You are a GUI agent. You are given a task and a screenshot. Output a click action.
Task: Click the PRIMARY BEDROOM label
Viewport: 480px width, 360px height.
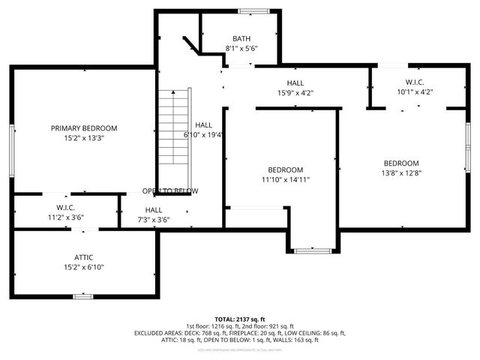[x=84, y=128]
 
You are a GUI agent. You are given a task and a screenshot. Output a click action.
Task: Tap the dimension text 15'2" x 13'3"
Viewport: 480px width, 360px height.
[x=84, y=138]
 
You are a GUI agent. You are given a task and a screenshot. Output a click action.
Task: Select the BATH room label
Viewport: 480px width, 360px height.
[x=241, y=38]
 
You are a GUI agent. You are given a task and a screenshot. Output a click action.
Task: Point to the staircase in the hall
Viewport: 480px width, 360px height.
[x=174, y=127]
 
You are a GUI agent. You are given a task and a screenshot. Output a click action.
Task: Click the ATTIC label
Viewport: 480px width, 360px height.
[x=84, y=257]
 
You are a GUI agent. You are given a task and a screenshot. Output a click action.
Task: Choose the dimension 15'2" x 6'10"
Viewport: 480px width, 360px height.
[x=84, y=267]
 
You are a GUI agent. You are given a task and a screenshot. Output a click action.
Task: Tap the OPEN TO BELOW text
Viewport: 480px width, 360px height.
[x=170, y=190]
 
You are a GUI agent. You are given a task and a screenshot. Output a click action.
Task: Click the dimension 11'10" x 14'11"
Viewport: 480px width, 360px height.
[x=286, y=179]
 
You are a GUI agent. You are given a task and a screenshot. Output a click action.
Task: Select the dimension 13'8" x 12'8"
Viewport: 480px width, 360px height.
[x=401, y=173]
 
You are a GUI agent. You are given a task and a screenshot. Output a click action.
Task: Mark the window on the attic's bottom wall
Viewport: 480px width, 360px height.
[x=82, y=297]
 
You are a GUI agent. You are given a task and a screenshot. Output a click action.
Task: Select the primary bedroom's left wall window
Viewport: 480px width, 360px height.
[x=11, y=150]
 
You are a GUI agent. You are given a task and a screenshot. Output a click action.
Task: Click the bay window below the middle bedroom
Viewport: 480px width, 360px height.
[x=312, y=250]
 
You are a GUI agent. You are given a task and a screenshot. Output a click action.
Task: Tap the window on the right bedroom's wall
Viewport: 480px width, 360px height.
[x=466, y=146]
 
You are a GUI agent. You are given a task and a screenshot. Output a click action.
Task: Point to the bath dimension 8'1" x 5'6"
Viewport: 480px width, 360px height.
[x=241, y=48]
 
